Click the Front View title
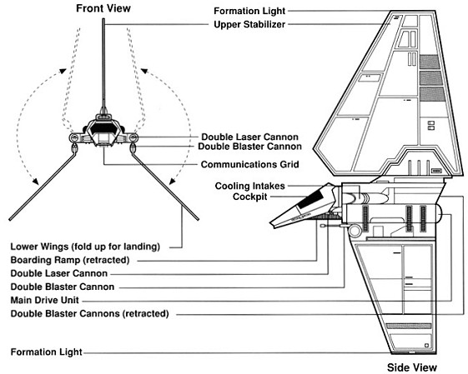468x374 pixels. pyautogui.click(x=103, y=8)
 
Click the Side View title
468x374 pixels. pyautogui.click(x=412, y=367)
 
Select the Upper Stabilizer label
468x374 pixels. pyautogui.click(x=249, y=24)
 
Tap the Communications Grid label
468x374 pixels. pyautogui.click(x=249, y=164)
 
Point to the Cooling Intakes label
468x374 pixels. pyautogui.click(x=249, y=186)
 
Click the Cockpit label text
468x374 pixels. pyautogui.click(x=249, y=197)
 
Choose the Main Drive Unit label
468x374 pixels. pyautogui.click(x=45, y=300)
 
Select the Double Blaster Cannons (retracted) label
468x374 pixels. pyautogui.click(x=89, y=313)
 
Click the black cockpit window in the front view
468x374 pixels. pyautogui.click(x=103, y=128)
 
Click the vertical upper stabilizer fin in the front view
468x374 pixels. pyautogui.click(x=103, y=66)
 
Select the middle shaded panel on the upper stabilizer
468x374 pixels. pyautogui.click(x=431, y=78)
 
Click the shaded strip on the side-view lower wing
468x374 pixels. pyautogui.click(x=409, y=326)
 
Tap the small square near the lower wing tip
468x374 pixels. pyautogui.click(x=427, y=346)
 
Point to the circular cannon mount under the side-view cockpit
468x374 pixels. pyautogui.click(x=355, y=231)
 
